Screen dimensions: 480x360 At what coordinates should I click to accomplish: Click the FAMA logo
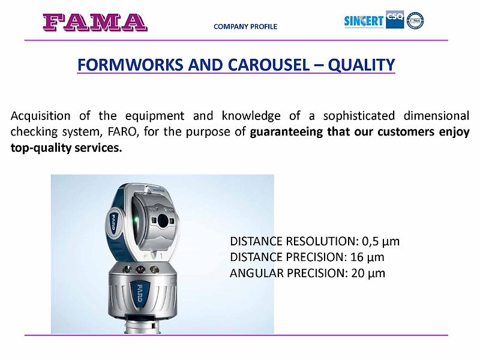coord(95,22)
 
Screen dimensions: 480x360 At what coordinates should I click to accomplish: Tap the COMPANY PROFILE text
coord(245,26)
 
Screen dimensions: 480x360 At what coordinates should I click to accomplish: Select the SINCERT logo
coord(364,21)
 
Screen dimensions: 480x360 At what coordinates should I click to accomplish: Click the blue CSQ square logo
coord(395,20)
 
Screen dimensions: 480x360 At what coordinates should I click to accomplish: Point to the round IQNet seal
coord(415,20)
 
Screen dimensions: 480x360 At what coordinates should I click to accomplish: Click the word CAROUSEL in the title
coord(269,65)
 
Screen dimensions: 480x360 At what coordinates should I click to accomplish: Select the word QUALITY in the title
coord(361,65)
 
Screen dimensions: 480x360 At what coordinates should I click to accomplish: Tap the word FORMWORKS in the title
coord(131,65)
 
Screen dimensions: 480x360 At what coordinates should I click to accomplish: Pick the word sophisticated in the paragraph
coord(359,116)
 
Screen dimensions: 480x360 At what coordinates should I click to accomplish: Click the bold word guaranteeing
coord(286,132)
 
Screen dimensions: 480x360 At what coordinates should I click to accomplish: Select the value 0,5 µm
coord(380,242)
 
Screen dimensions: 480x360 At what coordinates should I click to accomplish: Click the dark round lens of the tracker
coord(163,220)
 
